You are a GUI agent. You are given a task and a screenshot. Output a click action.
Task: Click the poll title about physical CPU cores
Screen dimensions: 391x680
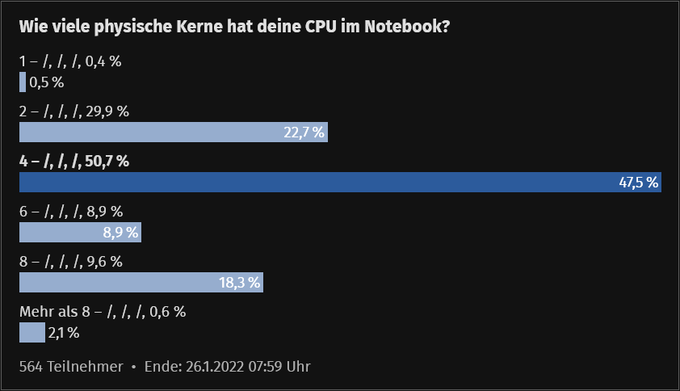(234, 27)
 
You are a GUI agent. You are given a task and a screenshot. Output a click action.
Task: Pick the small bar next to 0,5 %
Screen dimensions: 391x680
(23, 82)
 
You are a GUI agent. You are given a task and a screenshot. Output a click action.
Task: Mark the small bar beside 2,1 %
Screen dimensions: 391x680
(31, 333)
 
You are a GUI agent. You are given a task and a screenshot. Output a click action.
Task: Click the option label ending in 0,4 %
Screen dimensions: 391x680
(69, 61)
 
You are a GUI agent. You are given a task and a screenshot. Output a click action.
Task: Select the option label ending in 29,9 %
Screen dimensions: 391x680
(73, 111)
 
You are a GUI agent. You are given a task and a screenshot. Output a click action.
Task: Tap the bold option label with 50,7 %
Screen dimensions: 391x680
(73, 162)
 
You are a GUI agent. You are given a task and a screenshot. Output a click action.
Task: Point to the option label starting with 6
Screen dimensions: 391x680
(70, 212)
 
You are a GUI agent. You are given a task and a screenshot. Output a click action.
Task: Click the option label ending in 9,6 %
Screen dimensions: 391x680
(70, 262)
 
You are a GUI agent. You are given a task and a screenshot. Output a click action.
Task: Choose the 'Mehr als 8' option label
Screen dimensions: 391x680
(103, 312)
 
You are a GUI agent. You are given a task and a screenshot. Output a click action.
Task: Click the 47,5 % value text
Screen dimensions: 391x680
(639, 183)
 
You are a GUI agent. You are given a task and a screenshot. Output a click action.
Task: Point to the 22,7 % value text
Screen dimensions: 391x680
(304, 132)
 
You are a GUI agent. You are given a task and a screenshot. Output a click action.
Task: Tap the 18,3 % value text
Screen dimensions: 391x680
(240, 283)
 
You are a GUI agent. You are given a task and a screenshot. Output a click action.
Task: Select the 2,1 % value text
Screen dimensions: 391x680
(64, 333)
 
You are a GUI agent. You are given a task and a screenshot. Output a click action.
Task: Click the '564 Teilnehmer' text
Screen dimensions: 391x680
(71, 367)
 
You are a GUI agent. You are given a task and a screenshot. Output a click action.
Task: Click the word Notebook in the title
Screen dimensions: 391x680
(405, 27)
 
